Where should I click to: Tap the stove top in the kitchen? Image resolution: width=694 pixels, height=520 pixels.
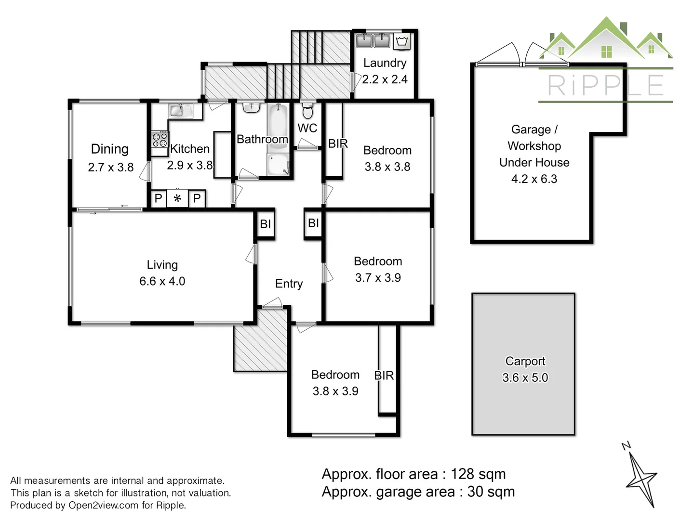tap(160, 140)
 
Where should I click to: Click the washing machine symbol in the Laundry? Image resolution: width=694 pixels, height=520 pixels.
tap(402, 41)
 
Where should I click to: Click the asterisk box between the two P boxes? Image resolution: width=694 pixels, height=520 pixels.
tap(177, 198)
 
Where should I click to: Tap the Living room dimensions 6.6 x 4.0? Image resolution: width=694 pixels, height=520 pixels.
tap(162, 281)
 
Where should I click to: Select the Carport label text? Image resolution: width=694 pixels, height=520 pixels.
tap(525, 361)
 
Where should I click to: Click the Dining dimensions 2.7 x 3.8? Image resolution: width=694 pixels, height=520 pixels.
tap(110, 168)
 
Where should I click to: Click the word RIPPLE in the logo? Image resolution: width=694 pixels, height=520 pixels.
tap(606, 86)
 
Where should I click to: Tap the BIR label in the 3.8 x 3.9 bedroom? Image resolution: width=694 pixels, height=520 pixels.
tap(384, 376)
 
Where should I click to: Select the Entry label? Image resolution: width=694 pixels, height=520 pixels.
tap(289, 284)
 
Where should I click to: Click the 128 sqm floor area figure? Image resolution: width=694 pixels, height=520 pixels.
tap(478, 474)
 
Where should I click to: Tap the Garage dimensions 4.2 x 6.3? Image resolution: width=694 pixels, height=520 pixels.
tap(534, 179)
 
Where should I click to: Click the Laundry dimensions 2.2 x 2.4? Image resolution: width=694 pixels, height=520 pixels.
tap(385, 79)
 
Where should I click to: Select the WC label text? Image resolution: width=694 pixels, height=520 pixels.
tap(307, 128)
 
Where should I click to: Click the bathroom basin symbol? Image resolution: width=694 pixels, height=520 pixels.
tap(251, 107)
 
